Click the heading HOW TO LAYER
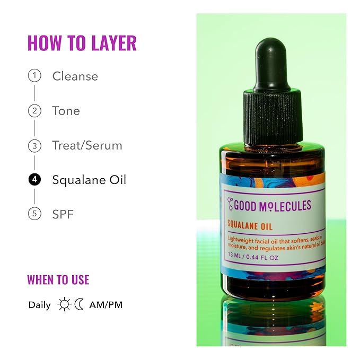point(82,43)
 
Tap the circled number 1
point(34,76)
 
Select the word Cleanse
point(75,76)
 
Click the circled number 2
point(34,111)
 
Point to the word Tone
point(66,111)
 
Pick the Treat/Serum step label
point(87,145)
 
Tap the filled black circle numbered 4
point(34,180)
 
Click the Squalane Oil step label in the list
point(89,180)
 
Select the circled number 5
point(34,214)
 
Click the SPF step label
point(63,214)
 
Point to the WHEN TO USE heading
point(58,279)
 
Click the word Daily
point(40,305)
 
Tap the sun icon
point(64,304)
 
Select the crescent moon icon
point(79,304)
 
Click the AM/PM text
point(106,305)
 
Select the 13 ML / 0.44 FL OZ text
point(253,257)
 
